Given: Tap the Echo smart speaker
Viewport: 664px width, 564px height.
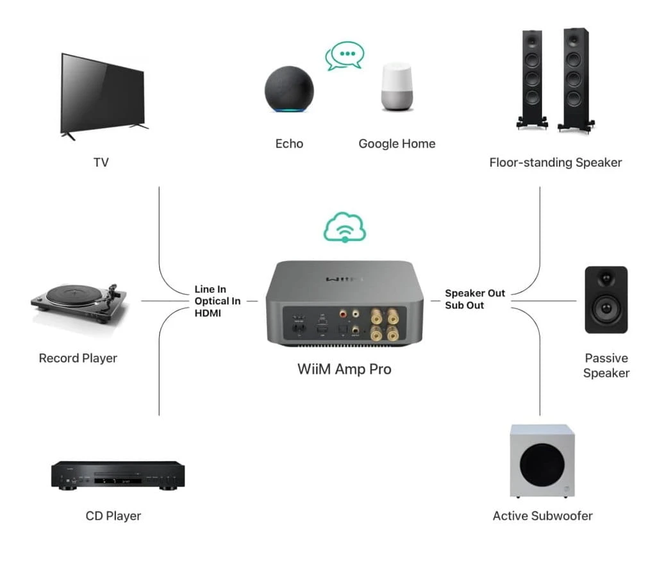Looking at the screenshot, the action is [289, 89].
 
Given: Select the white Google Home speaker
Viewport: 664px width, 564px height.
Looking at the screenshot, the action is [397, 87].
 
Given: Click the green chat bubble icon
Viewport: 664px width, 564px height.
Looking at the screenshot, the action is [345, 56].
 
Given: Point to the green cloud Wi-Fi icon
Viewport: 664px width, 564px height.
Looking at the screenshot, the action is [345, 227].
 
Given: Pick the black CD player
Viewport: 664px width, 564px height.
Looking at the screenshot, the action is [118, 475].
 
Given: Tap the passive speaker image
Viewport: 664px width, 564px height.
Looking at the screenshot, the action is [606, 299].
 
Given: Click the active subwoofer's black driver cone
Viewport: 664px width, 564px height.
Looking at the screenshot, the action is [542, 465].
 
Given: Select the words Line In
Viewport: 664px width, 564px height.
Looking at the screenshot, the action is [210, 289].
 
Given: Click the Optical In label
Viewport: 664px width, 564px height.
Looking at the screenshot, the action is [217, 301].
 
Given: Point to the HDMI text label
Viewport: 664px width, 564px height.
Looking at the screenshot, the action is [208, 313].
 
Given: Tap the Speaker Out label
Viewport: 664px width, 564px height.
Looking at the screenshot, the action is [475, 293].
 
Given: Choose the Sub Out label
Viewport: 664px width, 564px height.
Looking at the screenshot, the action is [464, 305].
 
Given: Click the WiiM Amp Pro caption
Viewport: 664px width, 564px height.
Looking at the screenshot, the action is [344, 369].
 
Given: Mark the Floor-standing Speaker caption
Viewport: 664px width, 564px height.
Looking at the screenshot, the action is [556, 162].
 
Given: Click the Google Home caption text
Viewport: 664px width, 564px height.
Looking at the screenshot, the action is [397, 144].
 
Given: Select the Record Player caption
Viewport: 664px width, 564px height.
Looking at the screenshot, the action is [78, 358].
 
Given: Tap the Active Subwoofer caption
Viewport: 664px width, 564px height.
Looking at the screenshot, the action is [542, 516].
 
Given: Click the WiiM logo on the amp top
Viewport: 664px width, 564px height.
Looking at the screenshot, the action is [344, 279].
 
